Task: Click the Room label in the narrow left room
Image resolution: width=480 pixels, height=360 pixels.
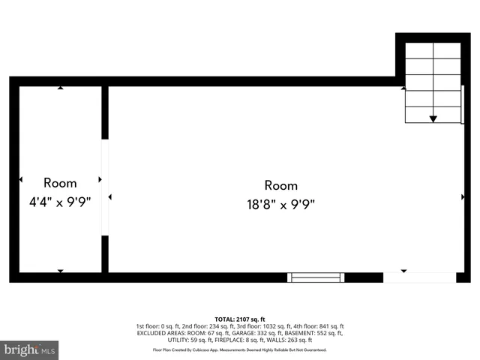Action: (60, 182)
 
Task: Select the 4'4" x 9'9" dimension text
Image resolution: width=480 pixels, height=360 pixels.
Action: (60, 202)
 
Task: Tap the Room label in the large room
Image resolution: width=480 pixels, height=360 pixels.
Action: (280, 185)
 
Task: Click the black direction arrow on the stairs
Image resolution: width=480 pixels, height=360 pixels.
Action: (433, 118)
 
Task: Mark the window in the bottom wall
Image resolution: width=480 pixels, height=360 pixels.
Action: (316, 277)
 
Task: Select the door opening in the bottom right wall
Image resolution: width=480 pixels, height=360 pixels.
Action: (419, 277)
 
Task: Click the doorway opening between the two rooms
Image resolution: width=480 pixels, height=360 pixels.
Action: (105, 187)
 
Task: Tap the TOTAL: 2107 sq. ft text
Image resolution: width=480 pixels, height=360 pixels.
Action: (240, 319)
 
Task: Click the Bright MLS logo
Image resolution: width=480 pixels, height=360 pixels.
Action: (30, 349)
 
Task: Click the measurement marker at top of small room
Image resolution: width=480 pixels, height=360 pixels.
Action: (60, 88)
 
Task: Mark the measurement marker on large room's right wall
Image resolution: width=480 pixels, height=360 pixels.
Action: (462, 197)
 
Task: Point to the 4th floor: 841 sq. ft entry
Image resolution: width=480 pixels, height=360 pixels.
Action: (319, 326)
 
